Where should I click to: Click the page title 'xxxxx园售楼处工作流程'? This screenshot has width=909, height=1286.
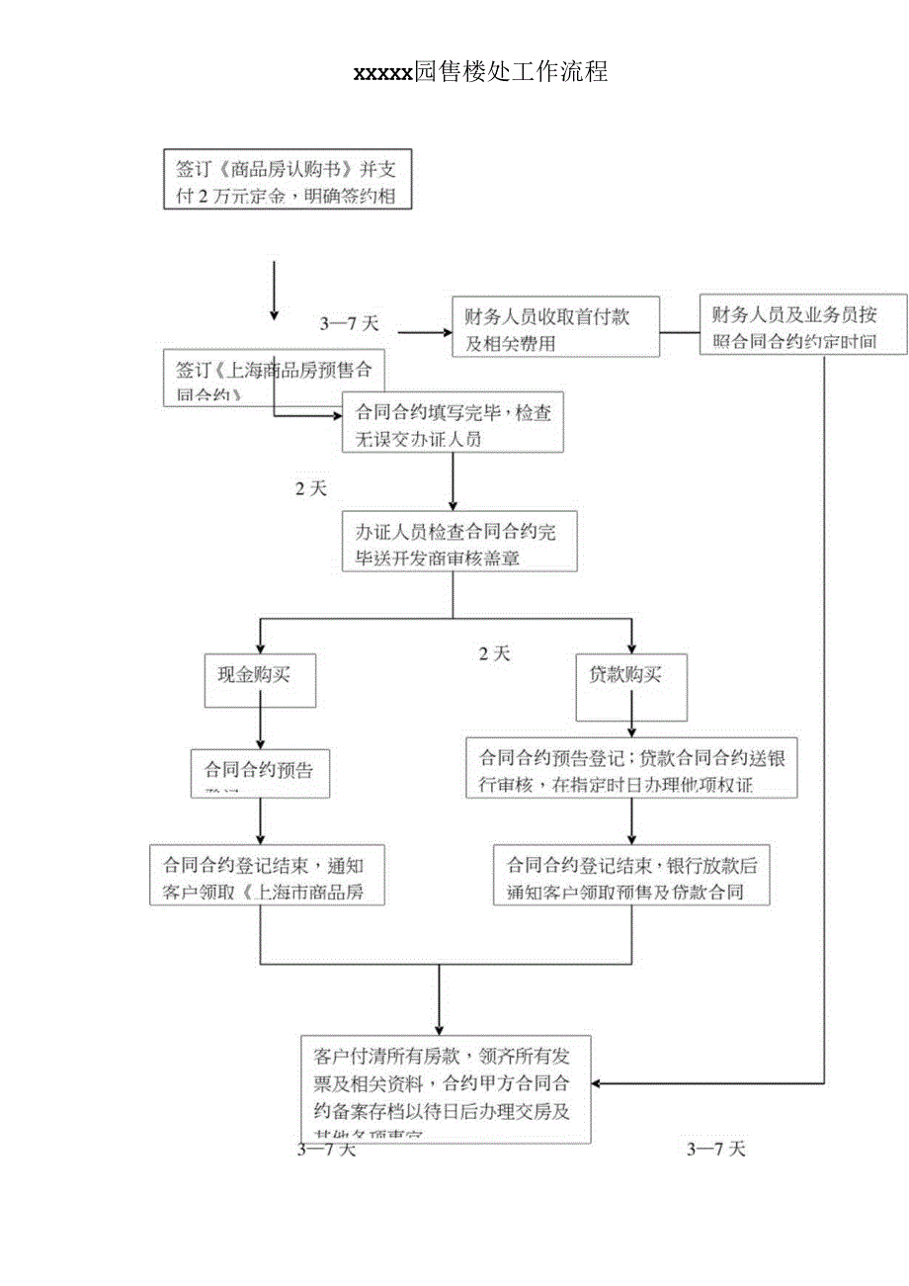[x=480, y=72]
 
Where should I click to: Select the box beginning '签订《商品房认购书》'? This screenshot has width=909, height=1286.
[x=287, y=179]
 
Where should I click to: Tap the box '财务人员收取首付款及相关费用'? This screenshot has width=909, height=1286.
[x=556, y=326]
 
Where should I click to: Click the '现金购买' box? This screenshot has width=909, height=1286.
[x=260, y=679]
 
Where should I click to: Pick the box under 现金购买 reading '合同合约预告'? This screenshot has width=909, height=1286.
[x=260, y=771]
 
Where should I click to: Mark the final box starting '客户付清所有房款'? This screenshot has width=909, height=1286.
[x=446, y=1087]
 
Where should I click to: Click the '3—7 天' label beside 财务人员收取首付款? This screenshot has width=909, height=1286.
[x=350, y=324]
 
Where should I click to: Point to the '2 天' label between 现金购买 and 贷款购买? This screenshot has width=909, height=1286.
[x=494, y=653]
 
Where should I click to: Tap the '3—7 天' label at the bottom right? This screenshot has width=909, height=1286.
[x=715, y=1149]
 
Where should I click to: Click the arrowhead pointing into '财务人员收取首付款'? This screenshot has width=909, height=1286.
[x=445, y=331]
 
